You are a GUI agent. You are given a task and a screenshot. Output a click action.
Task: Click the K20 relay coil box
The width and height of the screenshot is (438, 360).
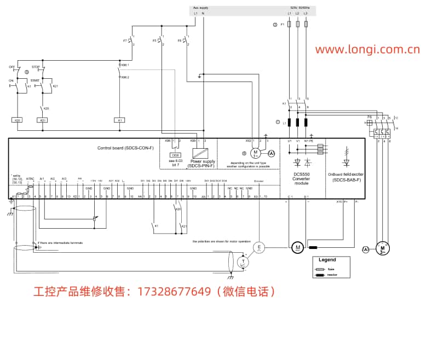coord(18,120)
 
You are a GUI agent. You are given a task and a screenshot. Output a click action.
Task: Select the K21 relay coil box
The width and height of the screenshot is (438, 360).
coord(42,120)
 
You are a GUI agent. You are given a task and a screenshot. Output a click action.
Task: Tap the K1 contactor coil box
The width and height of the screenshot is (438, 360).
coord(119,120)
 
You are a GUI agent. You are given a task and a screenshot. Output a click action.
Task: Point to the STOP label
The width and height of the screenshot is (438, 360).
coord(36,67)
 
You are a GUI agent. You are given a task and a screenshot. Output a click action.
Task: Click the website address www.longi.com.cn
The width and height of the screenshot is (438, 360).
coord(367,50)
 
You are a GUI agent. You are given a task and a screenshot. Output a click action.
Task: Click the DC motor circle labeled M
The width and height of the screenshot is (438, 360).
coord(298,248)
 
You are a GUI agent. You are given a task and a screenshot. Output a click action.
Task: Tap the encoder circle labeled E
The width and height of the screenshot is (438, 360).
coord(260,248)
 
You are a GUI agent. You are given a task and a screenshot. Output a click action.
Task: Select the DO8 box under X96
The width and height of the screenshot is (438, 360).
coord(176,155)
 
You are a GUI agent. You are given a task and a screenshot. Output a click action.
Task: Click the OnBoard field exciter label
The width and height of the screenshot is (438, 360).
coord(346,176)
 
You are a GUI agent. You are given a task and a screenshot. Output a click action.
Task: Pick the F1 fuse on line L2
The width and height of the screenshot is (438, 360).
coord(297,25)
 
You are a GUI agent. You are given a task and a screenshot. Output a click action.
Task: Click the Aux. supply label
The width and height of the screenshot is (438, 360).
coord(201,8)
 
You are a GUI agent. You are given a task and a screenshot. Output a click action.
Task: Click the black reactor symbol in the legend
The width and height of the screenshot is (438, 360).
coord(321,275)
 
